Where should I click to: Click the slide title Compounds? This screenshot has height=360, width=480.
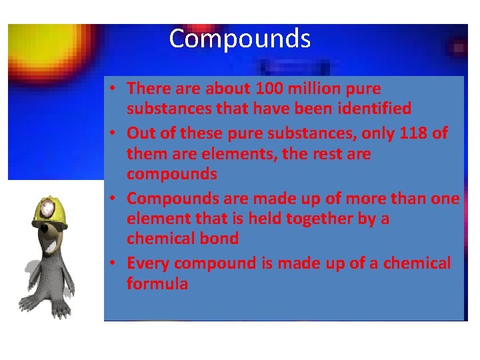[239, 39]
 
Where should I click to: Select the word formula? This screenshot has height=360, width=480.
[157, 283]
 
